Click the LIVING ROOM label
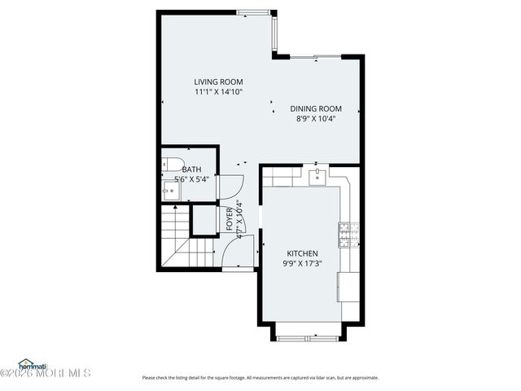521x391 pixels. [x=218, y=81]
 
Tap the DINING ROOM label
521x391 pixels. [x=316, y=108]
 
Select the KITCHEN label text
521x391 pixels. [x=301, y=253]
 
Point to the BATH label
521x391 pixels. [x=191, y=169]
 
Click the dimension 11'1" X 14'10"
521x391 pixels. [x=218, y=92]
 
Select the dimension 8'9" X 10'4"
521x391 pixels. [x=316, y=119]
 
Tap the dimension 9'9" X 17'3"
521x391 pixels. [x=301, y=264]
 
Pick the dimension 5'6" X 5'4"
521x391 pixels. [x=191, y=179]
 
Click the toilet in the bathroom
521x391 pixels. [x=170, y=161]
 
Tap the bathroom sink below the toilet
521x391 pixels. [x=170, y=191]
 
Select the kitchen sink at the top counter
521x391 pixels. [x=319, y=177]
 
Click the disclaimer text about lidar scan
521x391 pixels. [x=260, y=377]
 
